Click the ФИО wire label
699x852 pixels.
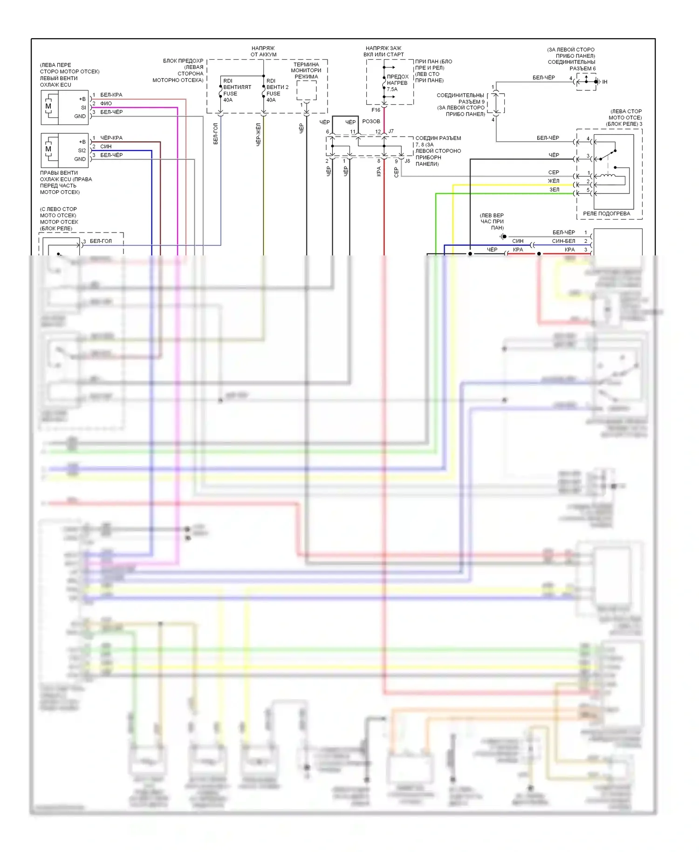pyautogui.click(x=106, y=103)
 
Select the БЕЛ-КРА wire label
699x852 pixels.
pyautogui.click(x=111, y=95)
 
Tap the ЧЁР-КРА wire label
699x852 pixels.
pyautogui.click(x=111, y=138)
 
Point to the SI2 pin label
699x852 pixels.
pyautogui.click(x=82, y=151)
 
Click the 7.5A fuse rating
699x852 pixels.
pyautogui.click(x=392, y=89)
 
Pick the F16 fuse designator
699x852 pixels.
pyautogui.click(x=376, y=110)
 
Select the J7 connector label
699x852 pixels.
pyautogui.click(x=391, y=131)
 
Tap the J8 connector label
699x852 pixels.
pyautogui.click(x=407, y=161)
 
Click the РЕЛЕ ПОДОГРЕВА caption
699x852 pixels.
pyautogui.click(x=606, y=213)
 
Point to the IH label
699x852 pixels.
pyautogui.click(x=605, y=82)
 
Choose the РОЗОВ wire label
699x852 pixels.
pyautogui.click(x=371, y=122)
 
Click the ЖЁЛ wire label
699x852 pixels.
pyautogui.click(x=553, y=181)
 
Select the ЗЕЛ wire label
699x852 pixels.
pyautogui.click(x=554, y=190)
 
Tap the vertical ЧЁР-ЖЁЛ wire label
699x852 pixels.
pyautogui.click(x=259, y=135)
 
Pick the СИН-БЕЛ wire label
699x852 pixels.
pyautogui.click(x=563, y=241)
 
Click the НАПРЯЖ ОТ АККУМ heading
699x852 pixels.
pyautogui.click(x=263, y=51)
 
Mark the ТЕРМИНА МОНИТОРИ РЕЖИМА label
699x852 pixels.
pyautogui.click(x=306, y=70)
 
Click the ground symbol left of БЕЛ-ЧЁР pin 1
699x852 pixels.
pyautogui.click(x=503, y=236)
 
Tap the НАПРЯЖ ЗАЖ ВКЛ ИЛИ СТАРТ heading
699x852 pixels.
pyautogui.click(x=384, y=51)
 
